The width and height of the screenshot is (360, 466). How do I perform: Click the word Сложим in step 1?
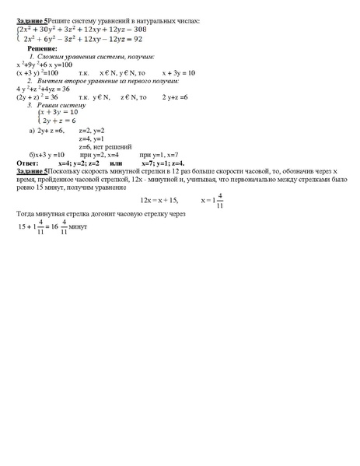click(x=51, y=57)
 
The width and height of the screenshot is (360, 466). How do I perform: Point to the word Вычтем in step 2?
click(x=51, y=80)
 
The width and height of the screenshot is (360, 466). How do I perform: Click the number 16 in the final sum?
click(x=53, y=227)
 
